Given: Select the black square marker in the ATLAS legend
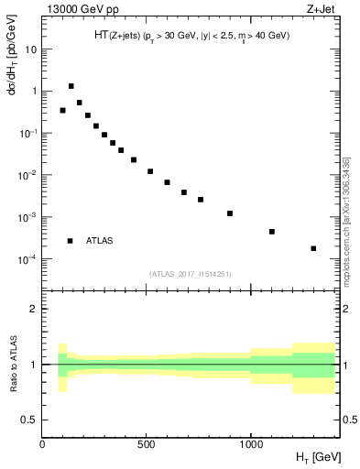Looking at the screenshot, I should (70, 241).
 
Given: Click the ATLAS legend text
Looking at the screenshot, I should (100, 241).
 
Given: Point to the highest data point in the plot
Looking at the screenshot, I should (71, 86).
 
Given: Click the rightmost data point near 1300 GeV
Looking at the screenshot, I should (313, 248).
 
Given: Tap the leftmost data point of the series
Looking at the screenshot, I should (62, 110).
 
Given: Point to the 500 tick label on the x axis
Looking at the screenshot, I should (147, 444).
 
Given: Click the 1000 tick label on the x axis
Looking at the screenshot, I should (250, 444).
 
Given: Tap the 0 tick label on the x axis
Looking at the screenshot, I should (42, 444).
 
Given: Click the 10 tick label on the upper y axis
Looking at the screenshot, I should (30, 49).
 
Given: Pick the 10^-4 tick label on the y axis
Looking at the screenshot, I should (27, 259).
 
